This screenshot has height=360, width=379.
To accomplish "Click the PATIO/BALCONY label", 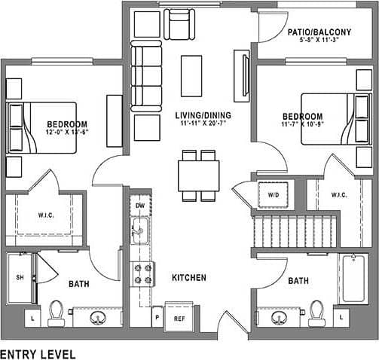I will [319, 32].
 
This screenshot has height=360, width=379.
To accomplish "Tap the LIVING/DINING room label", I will [203, 115].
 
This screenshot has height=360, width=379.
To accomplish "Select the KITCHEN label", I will [188, 278].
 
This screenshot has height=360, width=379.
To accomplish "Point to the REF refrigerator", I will [179, 318].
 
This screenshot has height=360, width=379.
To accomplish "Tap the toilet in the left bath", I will [56, 312].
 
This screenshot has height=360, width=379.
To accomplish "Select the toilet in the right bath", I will [316, 313].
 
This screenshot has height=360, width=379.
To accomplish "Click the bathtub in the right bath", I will [353, 279].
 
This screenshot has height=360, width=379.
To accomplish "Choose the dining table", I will [198, 175].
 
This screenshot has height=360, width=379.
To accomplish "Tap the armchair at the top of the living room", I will [180, 25].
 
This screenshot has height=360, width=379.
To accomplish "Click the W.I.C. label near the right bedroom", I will [338, 195].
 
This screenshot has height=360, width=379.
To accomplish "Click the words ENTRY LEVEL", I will [37, 352].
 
